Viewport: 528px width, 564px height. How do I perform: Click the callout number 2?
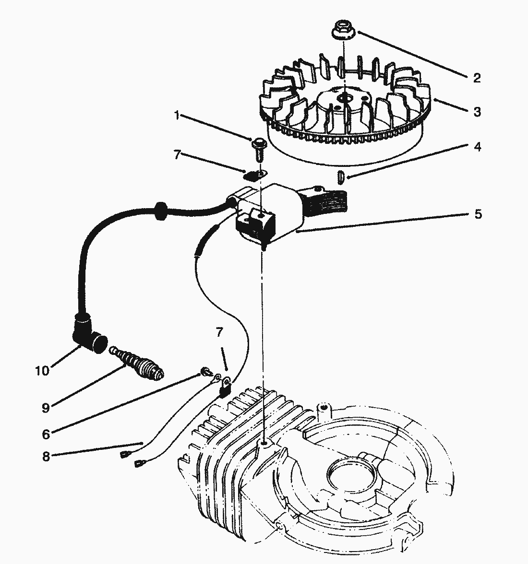(476, 78)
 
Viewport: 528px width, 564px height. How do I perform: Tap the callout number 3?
(477, 112)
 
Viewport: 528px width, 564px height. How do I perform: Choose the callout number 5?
(478, 214)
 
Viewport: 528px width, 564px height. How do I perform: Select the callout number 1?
(177, 116)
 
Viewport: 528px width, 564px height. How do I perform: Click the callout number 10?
(42, 371)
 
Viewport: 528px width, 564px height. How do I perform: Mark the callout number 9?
(46, 408)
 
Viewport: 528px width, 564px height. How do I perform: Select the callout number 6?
(46, 435)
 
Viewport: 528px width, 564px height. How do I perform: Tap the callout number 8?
(46, 456)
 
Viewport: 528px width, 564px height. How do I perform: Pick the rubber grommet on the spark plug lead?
(159, 211)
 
